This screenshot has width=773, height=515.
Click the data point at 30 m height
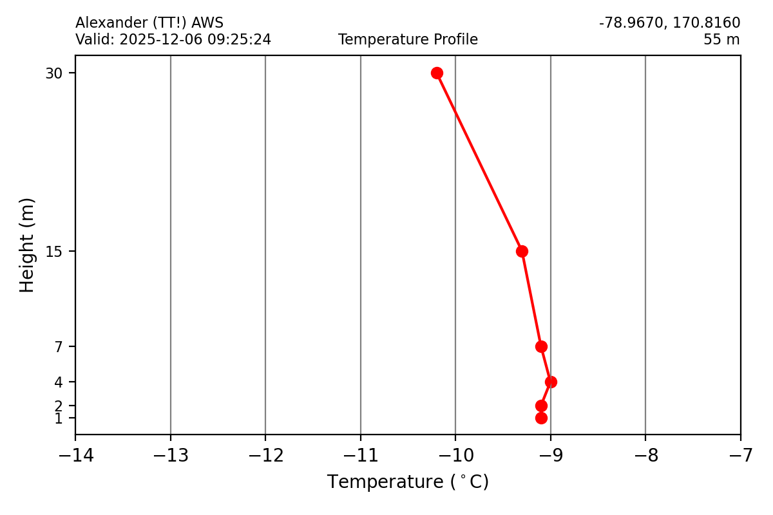tap(437, 73)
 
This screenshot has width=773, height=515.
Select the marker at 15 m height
tap(522, 251)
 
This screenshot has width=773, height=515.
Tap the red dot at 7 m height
tap(541, 346)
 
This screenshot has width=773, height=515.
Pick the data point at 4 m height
tap(551, 382)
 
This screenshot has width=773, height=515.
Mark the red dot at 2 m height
tap(541, 406)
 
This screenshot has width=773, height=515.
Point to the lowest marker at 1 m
tap(541, 418)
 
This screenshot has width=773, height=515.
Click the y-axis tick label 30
tap(53, 73)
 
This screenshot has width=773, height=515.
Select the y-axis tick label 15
tap(53, 251)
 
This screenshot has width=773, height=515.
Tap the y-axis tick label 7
tap(58, 347)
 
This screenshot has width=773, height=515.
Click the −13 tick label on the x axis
tap(170, 456)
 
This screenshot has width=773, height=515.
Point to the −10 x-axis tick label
tap(455, 456)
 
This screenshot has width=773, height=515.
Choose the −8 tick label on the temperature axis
tap(645, 456)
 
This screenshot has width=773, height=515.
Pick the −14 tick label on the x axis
tap(75, 456)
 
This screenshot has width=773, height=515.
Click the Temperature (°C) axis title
tap(408, 482)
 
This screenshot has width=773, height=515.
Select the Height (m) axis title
tap(27, 245)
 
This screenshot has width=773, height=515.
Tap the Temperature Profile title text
tap(408, 40)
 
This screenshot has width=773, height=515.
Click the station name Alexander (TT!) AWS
tap(149, 23)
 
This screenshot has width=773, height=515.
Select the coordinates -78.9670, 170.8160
tap(669, 23)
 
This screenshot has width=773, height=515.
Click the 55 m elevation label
tap(721, 40)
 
